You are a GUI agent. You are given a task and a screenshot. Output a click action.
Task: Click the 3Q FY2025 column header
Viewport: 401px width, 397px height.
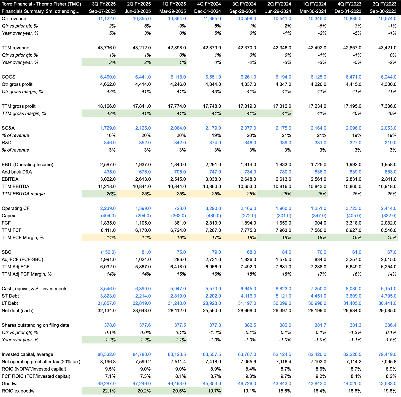(x=102, y=4)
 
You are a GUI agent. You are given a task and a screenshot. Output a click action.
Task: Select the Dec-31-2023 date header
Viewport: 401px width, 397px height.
(x=348, y=11)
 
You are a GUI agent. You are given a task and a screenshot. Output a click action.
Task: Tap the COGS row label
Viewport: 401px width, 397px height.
(x=9, y=77)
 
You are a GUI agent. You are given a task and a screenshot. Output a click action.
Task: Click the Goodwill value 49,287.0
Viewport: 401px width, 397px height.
(x=107, y=384)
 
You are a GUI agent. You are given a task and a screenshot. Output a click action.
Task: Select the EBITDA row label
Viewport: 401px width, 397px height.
(x=10, y=179)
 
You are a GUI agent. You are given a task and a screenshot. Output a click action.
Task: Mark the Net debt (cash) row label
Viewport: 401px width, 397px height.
(x=18, y=311)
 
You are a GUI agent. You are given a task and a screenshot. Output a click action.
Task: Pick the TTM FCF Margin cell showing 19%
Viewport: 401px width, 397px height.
(x=286, y=238)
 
